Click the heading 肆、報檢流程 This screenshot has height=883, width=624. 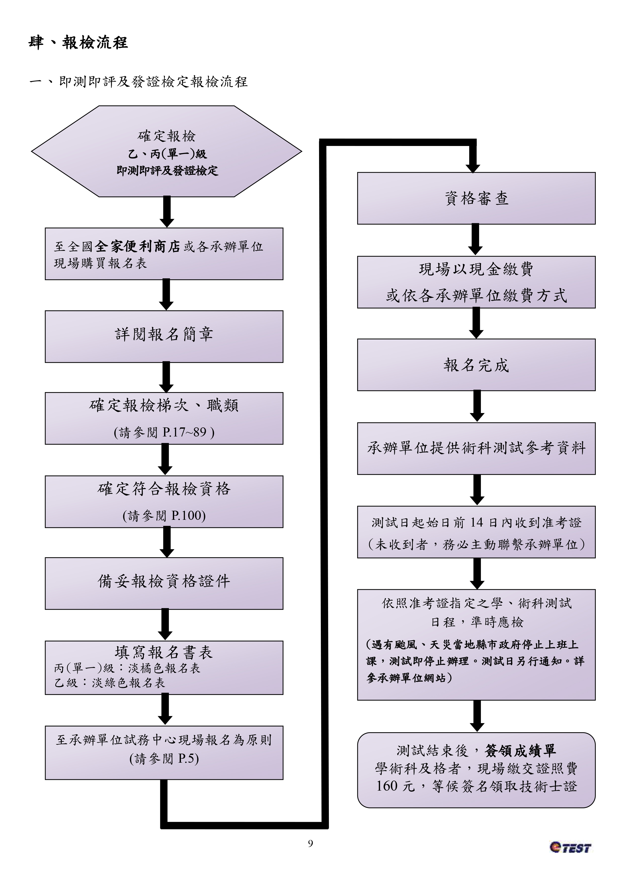(x=78, y=43)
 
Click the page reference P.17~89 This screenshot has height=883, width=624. (x=184, y=432)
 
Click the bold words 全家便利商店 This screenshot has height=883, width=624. (x=137, y=246)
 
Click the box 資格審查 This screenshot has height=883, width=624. (x=476, y=198)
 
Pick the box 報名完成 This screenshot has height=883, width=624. (x=476, y=365)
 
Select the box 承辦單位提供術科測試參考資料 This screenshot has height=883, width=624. (x=476, y=448)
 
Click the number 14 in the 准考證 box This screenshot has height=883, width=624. (x=476, y=522)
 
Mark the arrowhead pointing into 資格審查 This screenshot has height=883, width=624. (x=473, y=168)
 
